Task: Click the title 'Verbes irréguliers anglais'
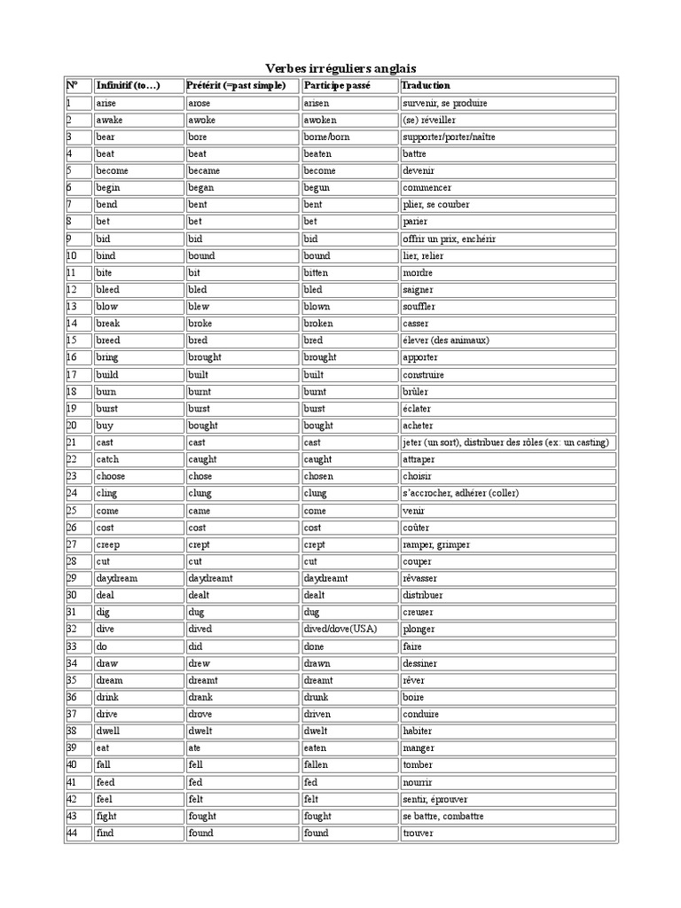pyautogui.click(x=340, y=68)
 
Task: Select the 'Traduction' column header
pyautogui.click(x=426, y=86)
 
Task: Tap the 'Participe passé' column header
pyautogui.click(x=337, y=86)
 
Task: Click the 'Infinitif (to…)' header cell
pyautogui.click(x=128, y=86)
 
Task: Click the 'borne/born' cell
pyautogui.click(x=326, y=137)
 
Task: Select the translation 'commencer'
pyautogui.click(x=427, y=188)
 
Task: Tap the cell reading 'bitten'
pyautogui.click(x=316, y=273)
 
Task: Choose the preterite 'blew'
pyautogui.click(x=199, y=307)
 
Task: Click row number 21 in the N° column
pyautogui.click(x=73, y=442)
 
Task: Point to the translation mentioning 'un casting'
pyautogui.click(x=505, y=442)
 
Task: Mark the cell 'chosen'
pyautogui.click(x=318, y=476)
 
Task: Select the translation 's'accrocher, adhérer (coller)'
pyautogui.click(x=460, y=493)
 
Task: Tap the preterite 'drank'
pyautogui.click(x=200, y=697)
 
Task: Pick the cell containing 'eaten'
pyautogui.click(x=316, y=748)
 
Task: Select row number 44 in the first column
pyautogui.click(x=73, y=833)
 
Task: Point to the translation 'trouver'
pyautogui.click(x=419, y=833)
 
